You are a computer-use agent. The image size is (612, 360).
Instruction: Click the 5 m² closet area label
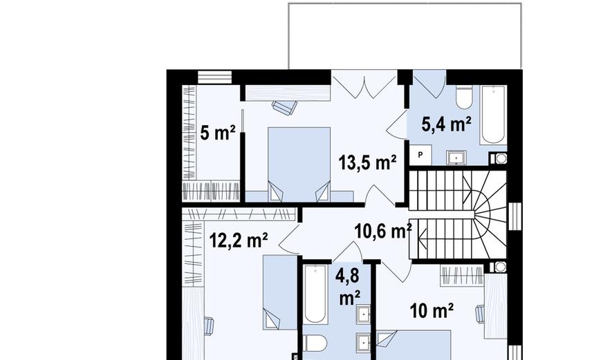click(x=217, y=133)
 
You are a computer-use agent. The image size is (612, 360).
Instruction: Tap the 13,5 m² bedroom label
click(x=367, y=162)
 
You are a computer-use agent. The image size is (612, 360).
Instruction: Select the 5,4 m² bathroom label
click(x=447, y=125)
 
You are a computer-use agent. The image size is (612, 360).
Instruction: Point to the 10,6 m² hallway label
click(x=383, y=231)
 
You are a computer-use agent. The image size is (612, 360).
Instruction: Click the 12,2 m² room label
click(x=239, y=240)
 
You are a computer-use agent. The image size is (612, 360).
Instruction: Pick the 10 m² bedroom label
click(x=432, y=311)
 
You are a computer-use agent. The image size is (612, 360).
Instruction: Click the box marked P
click(x=420, y=155)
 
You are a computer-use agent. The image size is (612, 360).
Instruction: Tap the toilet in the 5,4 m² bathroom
click(x=465, y=98)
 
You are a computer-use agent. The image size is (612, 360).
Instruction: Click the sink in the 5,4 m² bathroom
click(x=456, y=158)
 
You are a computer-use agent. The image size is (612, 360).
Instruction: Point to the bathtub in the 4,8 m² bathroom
click(x=315, y=294)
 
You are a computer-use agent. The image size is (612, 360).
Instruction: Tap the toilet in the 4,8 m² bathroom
click(x=315, y=343)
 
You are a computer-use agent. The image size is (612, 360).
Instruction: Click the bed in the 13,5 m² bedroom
click(x=299, y=164)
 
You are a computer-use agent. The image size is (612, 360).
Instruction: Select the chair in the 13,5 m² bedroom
click(x=284, y=107)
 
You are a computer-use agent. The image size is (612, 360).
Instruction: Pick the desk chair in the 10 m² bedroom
click(x=481, y=314)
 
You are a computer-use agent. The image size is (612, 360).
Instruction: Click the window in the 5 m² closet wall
click(x=214, y=77)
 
